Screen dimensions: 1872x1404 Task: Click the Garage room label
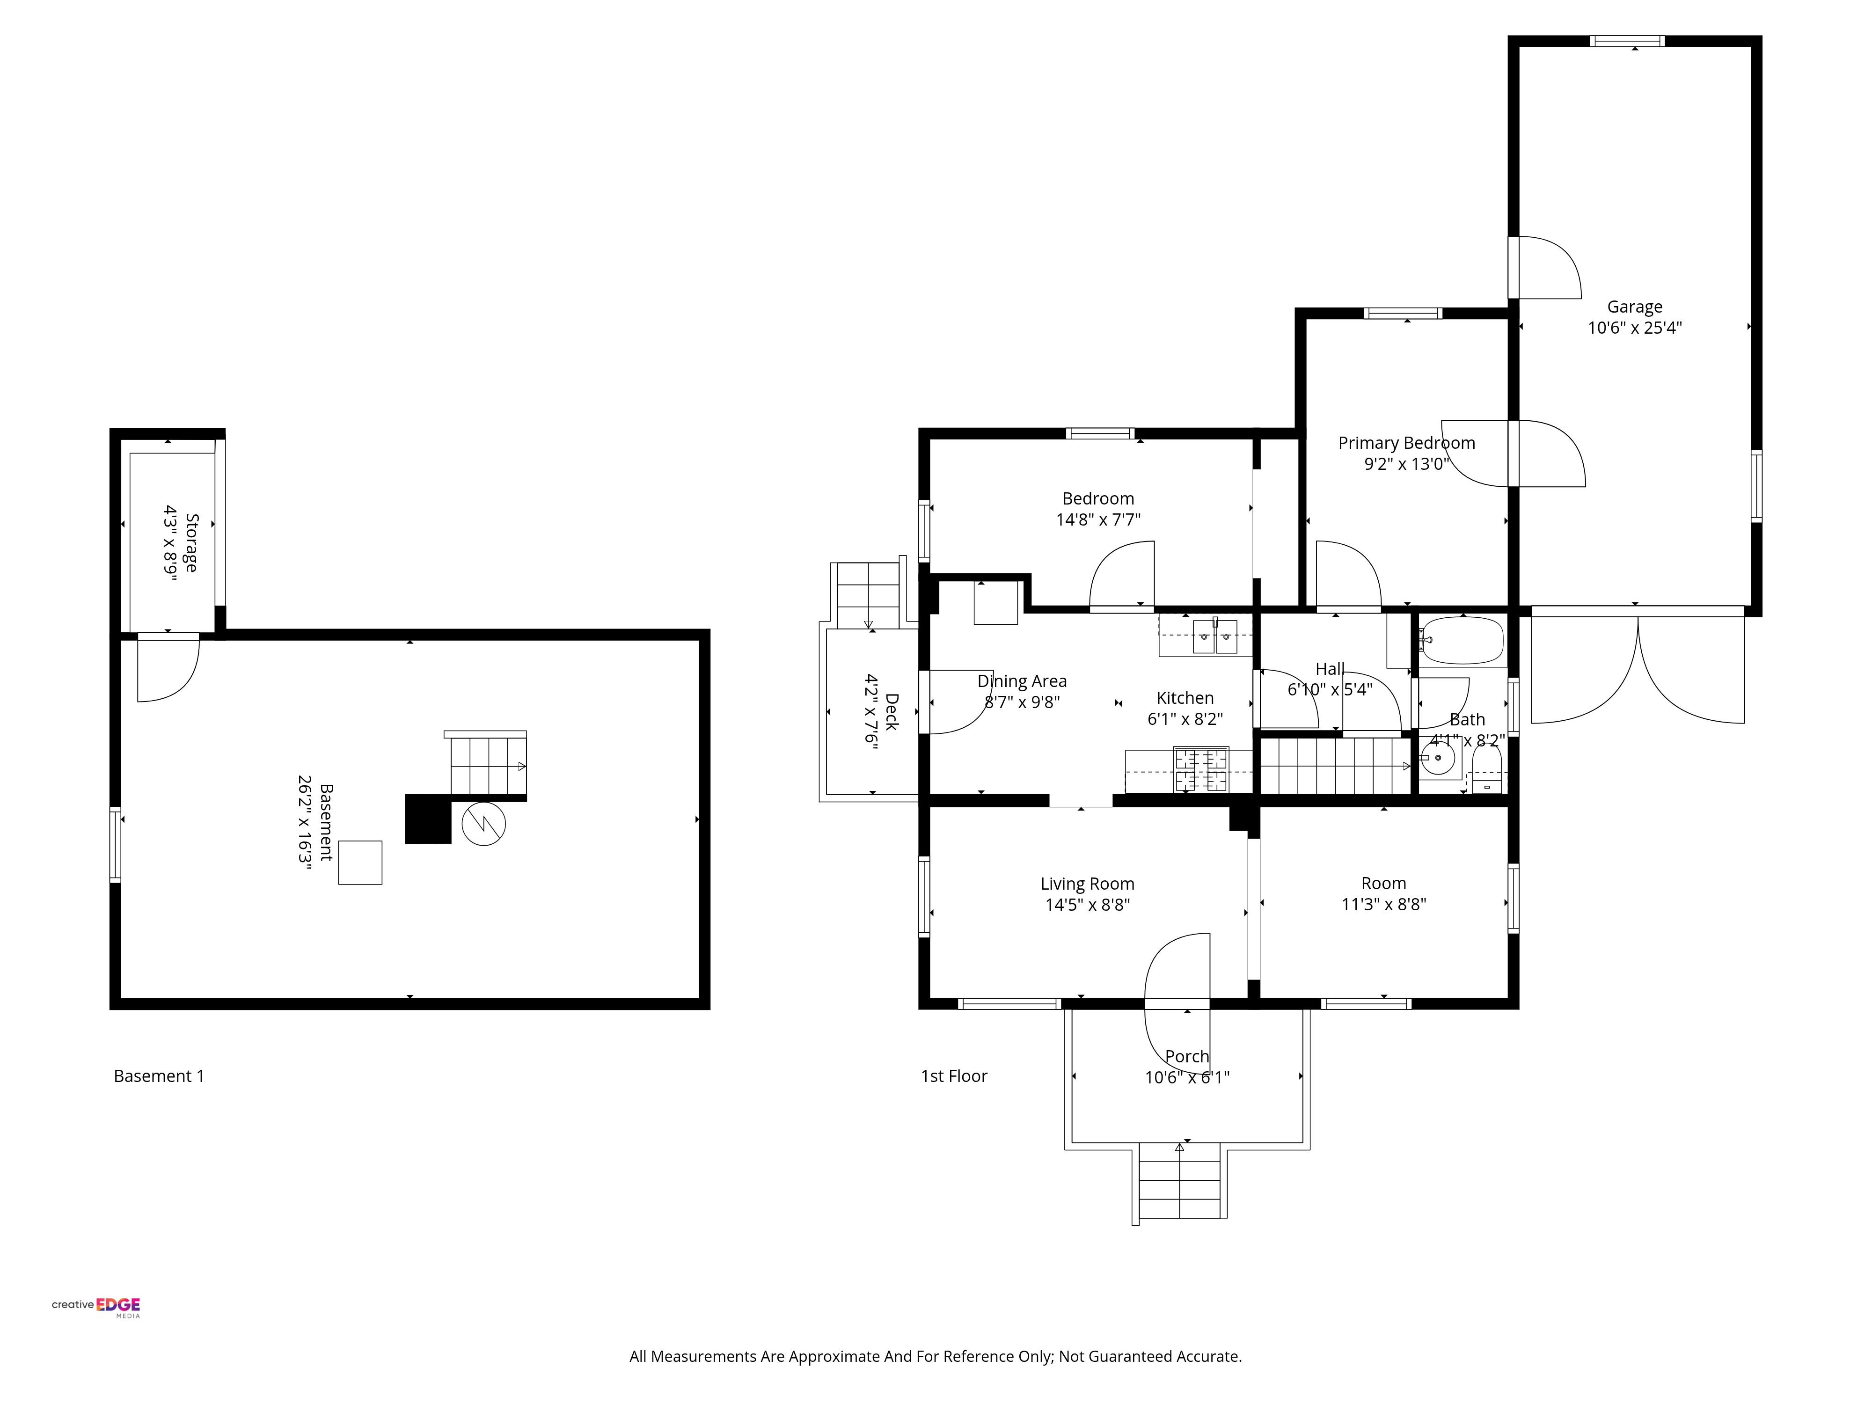coord(1634,307)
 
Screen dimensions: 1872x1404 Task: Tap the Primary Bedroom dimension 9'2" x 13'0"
coord(1406,464)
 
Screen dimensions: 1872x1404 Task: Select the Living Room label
coord(1088,884)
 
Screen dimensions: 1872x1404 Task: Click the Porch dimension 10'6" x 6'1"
coord(1187,1077)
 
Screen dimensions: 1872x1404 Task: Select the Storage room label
coord(192,542)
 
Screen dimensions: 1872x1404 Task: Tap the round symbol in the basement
coord(483,823)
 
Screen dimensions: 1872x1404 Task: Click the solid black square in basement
coord(428,819)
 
